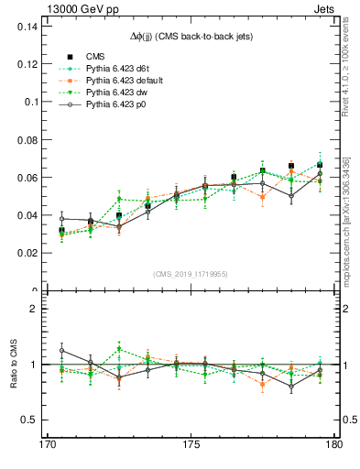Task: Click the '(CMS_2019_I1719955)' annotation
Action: (191, 273)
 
